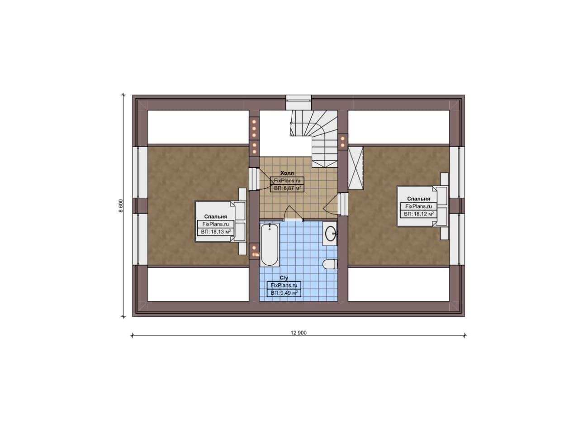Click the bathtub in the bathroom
pos(269,245)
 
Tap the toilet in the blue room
pos(330,264)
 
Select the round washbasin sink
pos(330,234)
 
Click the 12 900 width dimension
pos(299,333)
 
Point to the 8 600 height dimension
pos(121,205)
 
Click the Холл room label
pos(287,173)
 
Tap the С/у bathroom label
pos(284,278)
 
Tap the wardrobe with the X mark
pos(356,168)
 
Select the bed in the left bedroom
pos(221,222)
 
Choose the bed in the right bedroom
pos(422,206)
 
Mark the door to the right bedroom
pos(336,204)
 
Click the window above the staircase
pos(299,102)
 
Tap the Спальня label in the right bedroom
pos(418,199)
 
